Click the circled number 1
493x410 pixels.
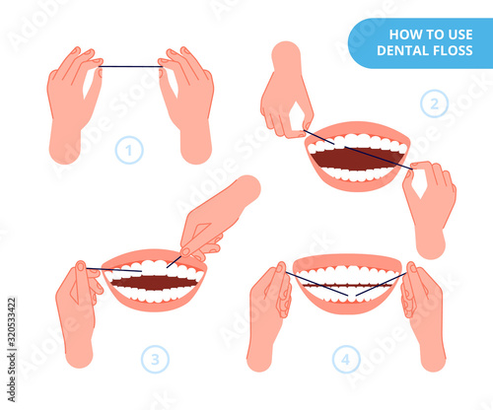tap(129, 150)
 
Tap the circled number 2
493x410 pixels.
tap(434, 103)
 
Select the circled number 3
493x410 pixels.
tap(155, 359)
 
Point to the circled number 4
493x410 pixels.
tap(346, 359)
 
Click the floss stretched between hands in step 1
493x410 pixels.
tap(131, 67)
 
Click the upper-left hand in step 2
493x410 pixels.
tap(285, 92)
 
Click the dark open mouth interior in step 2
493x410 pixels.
tap(357, 159)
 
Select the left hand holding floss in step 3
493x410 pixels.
tap(78, 312)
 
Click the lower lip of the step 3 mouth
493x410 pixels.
tap(155, 303)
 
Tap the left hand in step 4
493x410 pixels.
tap(268, 315)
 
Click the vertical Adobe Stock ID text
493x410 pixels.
tap(12, 350)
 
